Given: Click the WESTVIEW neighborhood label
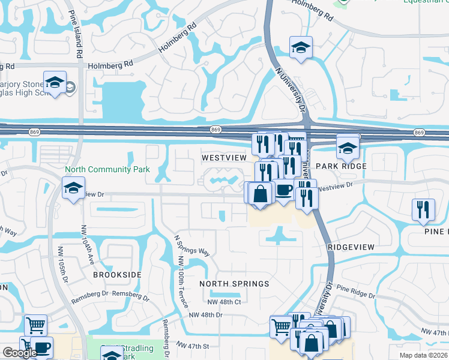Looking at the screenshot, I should point(224,157).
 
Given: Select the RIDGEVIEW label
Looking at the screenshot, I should point(351,247).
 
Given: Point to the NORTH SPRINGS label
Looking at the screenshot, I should point(234,283).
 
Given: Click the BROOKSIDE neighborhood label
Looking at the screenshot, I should point(117,274).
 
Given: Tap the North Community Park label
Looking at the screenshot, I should point(107,170).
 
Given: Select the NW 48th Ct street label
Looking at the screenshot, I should point(224,302).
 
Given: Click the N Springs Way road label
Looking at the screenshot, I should point(192,245).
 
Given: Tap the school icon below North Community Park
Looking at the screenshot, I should point(74,187).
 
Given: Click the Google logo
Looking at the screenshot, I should point(19,353).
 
